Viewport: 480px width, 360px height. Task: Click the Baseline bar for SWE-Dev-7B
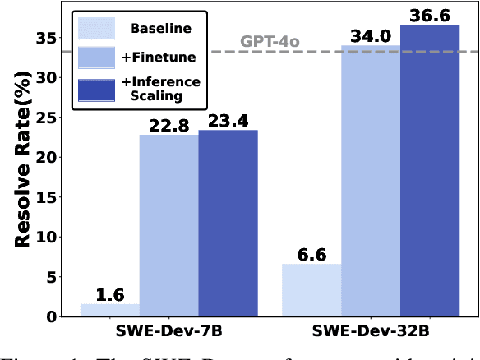(109, 310)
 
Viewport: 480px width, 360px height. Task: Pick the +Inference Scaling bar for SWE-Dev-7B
(228, 223)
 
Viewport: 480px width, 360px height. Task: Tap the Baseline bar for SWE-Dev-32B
(312, 290)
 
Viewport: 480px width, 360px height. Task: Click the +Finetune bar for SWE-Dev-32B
(371, 181)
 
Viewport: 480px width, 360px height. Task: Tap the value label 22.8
(168, 125)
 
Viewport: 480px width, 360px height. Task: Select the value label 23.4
(228, 120)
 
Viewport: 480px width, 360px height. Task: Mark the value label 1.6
(109, 293)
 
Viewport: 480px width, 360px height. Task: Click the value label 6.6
(312, 254)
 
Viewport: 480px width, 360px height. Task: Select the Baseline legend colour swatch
(96, 29)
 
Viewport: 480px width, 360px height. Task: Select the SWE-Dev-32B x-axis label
(371, 333)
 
